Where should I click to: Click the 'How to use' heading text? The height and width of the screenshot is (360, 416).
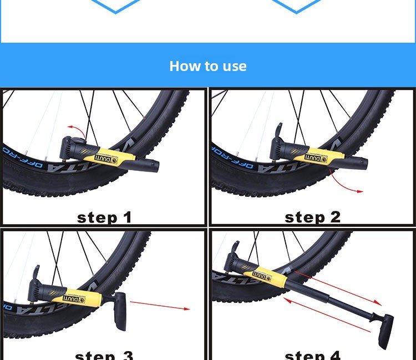tap(208, 66)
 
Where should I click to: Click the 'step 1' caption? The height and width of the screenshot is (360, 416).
tap(104, 217)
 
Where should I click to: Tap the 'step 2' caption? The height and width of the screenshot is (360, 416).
tap(312, 217)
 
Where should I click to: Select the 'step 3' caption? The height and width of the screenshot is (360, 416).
tap(104, 354)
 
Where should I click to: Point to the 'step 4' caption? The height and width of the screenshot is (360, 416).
tap(312, 354)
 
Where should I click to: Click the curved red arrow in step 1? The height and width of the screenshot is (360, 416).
tap(77, 131)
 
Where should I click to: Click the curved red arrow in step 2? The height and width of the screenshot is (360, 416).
tap(343, 186)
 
